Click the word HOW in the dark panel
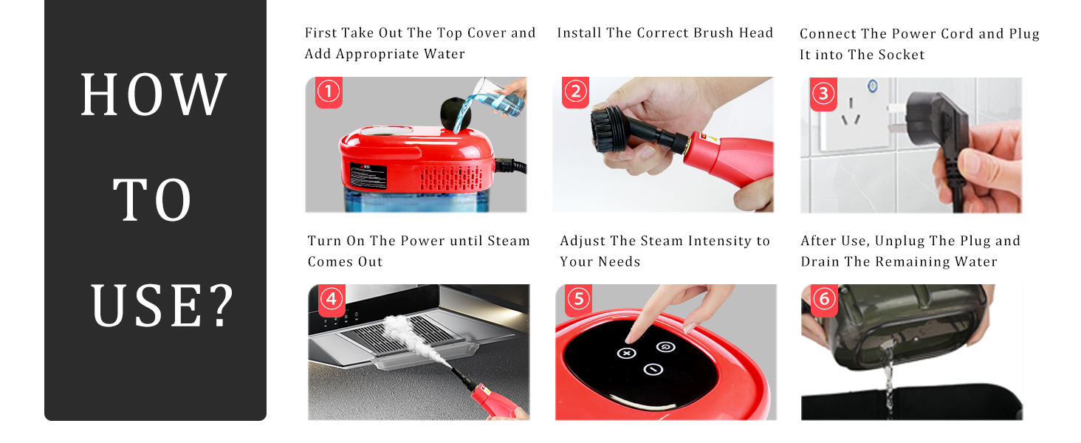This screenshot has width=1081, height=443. pos(154,95)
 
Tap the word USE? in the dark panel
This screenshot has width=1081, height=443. pos(162,305)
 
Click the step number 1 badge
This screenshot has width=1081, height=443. pos(329,92)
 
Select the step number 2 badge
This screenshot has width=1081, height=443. pos(575,92)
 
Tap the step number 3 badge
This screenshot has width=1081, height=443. pos(823,93)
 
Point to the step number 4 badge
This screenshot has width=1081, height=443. pos(332,298)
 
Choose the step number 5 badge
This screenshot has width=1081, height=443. pos(578,298)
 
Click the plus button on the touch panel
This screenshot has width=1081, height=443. pos(626,354)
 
